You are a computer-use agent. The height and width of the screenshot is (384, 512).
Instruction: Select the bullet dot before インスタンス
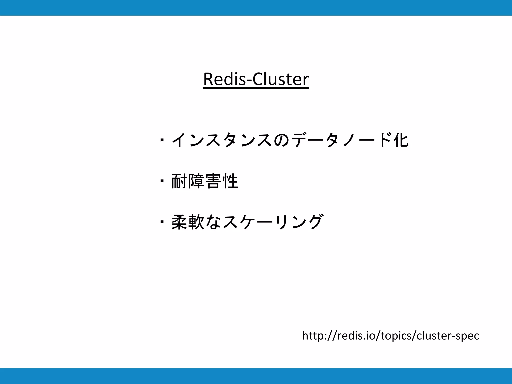tap(162, 140)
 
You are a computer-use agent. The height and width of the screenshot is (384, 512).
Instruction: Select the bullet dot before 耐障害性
tap(162, 181)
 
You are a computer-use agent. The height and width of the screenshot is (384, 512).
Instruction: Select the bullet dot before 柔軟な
tap(162, 222)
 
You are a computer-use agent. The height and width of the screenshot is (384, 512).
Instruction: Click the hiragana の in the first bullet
tap(281, 140)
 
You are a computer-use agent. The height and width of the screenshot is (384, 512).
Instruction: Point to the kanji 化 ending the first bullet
tap(401, 140)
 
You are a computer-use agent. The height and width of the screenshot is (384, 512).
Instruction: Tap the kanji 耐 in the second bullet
tap(179, 181)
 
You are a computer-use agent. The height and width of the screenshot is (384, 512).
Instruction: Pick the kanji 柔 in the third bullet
tap(179, 222)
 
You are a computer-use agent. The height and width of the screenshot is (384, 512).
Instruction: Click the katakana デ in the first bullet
tap(299, 140)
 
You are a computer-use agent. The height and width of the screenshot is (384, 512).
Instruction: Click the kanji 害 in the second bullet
tap(213, 181)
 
